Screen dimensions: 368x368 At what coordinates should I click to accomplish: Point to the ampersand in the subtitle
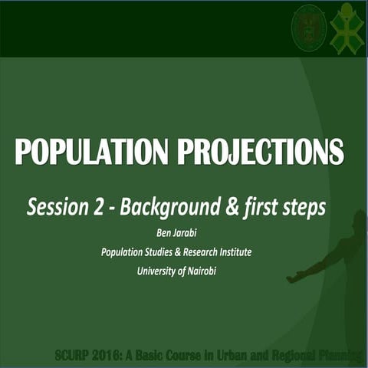[x=228, y=207]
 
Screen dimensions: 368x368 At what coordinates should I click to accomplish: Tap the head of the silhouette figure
[x=356, y=223]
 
